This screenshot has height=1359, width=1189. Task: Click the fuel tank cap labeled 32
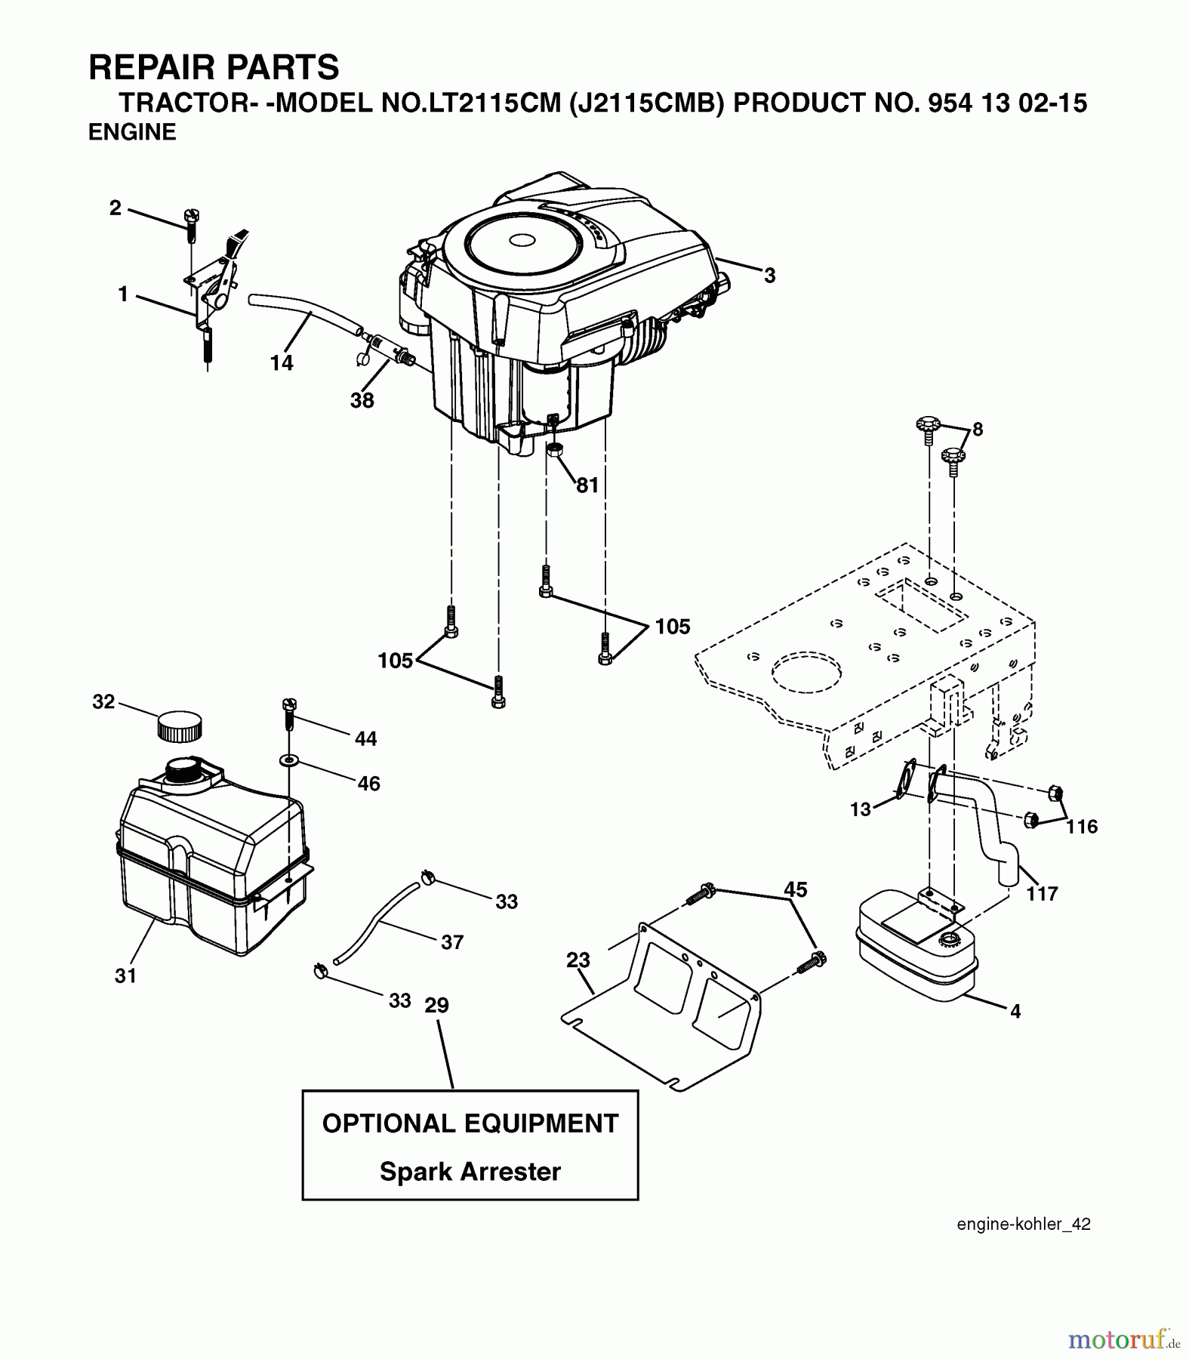(180, 726)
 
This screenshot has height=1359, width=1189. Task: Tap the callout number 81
(587, 485)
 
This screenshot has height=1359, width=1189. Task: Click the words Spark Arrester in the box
(470, 1171)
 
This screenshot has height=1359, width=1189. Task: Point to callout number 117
(1042, 893)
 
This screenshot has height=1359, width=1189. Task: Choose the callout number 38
(362, 400)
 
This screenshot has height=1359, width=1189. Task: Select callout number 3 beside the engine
(769, 276)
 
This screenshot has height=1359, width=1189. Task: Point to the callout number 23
(578, 960)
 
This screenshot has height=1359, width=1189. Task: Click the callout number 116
(1081, 827)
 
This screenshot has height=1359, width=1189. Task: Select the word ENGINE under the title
(132, 132)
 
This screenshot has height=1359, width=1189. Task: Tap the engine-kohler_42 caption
(1023, 1224)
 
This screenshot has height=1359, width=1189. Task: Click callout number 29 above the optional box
(436, 1005)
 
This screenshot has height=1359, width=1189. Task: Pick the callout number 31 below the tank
(125, 975)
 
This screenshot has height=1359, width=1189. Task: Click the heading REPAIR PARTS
(214, 67)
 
